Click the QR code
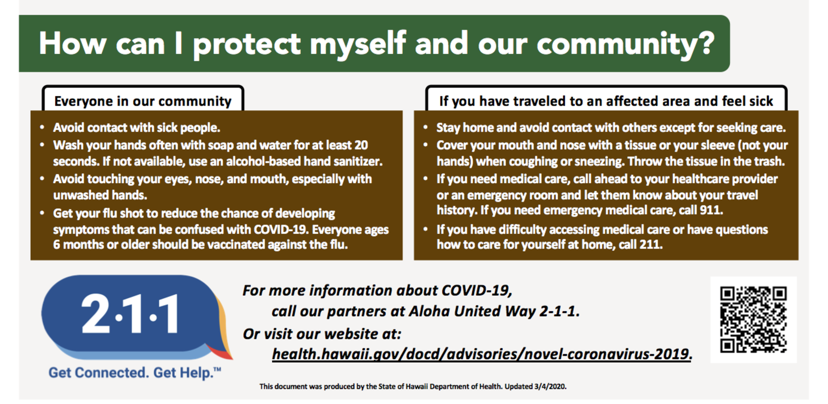pos(753,320)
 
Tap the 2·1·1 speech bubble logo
pos(137,318)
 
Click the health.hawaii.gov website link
pos(482,354)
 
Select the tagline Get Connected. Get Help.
pos(134,372)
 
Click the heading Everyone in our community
pos(143,101)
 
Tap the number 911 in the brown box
pos(711,210)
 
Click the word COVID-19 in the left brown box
pos(280,229)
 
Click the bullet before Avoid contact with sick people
pos(42,127)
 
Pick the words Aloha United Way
pos(473,311)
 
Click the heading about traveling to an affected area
pos(606,101)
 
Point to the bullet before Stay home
pos(425,127)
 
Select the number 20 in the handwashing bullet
pos(361,145)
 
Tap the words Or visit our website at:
pos(322,334)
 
